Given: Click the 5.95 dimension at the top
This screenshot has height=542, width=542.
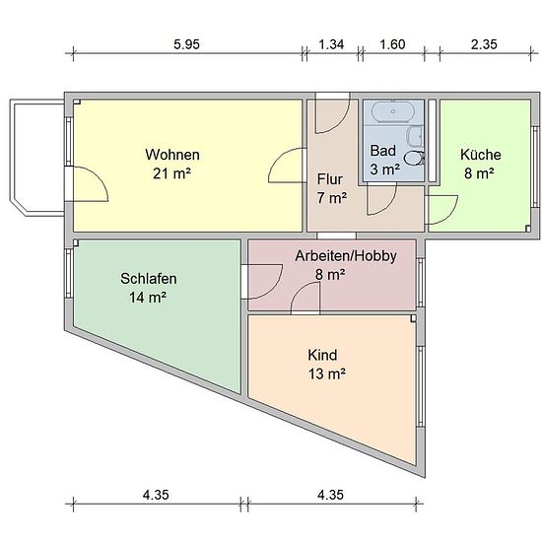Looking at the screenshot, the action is click(x=186, y=44).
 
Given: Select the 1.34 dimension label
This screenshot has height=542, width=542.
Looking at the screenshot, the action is click(x=331, y=44).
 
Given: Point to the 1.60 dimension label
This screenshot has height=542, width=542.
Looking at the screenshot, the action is click(x=392, y=44).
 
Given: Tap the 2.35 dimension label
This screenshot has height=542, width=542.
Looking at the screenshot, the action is click(x=484, y=44).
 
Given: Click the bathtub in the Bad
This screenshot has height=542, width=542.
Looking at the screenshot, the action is click(x=393, y=111).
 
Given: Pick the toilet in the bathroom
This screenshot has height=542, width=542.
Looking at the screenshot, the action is click(x=414, y=158).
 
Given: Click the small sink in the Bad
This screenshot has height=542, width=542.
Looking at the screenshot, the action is click(x=414, y=136).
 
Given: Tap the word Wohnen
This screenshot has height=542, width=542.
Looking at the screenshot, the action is click(x=172, y=155).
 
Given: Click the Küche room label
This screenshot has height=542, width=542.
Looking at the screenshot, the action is click(x=481, y=155).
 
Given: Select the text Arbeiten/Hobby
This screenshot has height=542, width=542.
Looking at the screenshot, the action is click(x=346, y=256).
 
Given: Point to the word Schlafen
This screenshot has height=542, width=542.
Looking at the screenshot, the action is click(x=149, y=279).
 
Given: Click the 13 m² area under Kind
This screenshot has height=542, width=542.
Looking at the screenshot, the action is click(x=327, y=373).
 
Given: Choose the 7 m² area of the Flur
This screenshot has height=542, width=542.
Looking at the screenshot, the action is click(x=332, y=198).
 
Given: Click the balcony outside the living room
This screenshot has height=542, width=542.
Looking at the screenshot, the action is click(x=37, y=158).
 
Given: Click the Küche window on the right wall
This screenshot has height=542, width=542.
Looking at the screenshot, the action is click(x=536, y=168).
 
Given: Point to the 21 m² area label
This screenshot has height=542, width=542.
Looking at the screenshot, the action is click(x=171, y=173).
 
